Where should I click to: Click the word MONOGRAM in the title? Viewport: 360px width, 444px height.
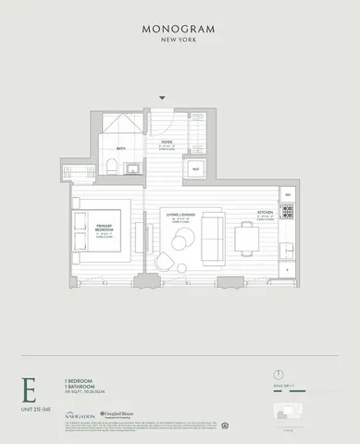[180, 29]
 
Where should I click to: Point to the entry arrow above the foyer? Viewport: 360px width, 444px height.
[163, 97]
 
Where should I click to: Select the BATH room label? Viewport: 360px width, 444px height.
[120, 148]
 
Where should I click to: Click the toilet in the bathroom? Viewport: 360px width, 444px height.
[111, 167]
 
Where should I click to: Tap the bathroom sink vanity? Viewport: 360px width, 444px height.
[133, 167]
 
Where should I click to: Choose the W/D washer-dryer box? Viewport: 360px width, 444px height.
[195, 169]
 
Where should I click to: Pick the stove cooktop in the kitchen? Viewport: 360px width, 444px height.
[287, 218]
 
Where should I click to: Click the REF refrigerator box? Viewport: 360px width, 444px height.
[287, 196]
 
